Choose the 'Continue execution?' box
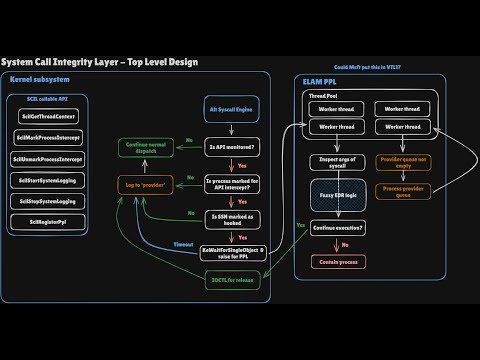point(335,228)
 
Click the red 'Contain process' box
point(335,262)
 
